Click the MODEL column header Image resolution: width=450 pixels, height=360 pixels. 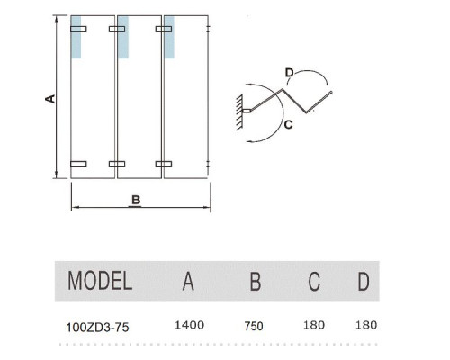100,281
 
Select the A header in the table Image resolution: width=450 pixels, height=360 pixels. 188,281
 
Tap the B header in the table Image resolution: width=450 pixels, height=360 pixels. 256,281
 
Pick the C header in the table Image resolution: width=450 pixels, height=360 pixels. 314,281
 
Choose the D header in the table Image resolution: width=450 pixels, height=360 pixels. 364,281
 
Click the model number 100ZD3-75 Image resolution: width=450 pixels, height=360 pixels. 97,327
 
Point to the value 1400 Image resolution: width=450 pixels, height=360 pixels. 189,325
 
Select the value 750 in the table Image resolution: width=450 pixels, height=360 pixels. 254,326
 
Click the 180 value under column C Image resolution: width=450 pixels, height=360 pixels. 314,325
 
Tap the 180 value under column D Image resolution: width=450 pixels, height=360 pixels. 366,325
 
